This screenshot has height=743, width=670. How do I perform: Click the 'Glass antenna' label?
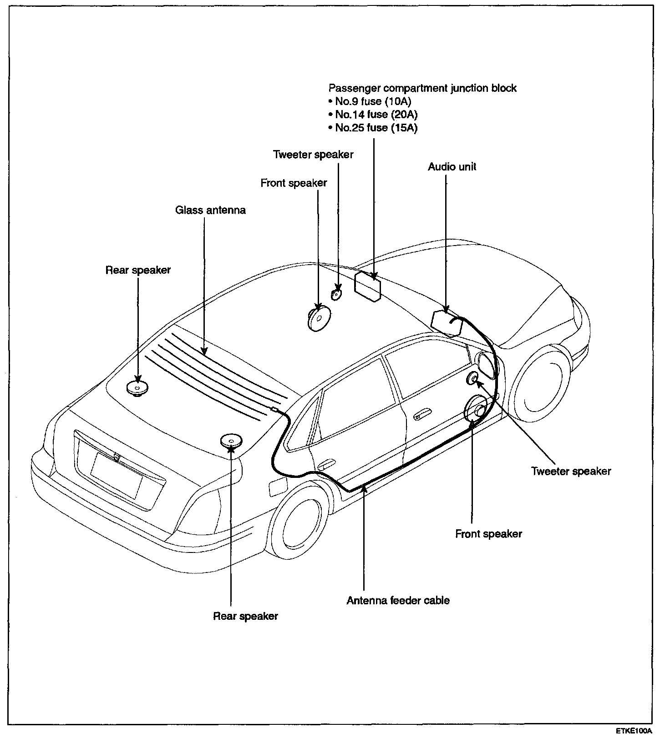210,210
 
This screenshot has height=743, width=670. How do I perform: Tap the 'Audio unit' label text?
452,167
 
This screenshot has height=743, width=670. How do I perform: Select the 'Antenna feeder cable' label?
398,601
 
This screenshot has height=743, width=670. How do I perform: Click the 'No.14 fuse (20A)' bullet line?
376,115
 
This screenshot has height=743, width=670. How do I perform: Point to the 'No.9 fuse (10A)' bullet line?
372,101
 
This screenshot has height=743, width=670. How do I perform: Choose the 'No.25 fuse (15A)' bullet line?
376,128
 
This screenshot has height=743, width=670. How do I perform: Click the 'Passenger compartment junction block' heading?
422,88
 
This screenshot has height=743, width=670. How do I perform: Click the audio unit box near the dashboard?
446,322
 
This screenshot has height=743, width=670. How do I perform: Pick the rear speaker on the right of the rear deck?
231,440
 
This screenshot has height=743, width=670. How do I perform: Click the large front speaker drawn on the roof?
318,317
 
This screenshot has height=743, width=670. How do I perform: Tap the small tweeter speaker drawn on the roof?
336,294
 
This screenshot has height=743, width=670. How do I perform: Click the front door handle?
421,415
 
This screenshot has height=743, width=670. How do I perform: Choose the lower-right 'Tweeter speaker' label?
571,471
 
